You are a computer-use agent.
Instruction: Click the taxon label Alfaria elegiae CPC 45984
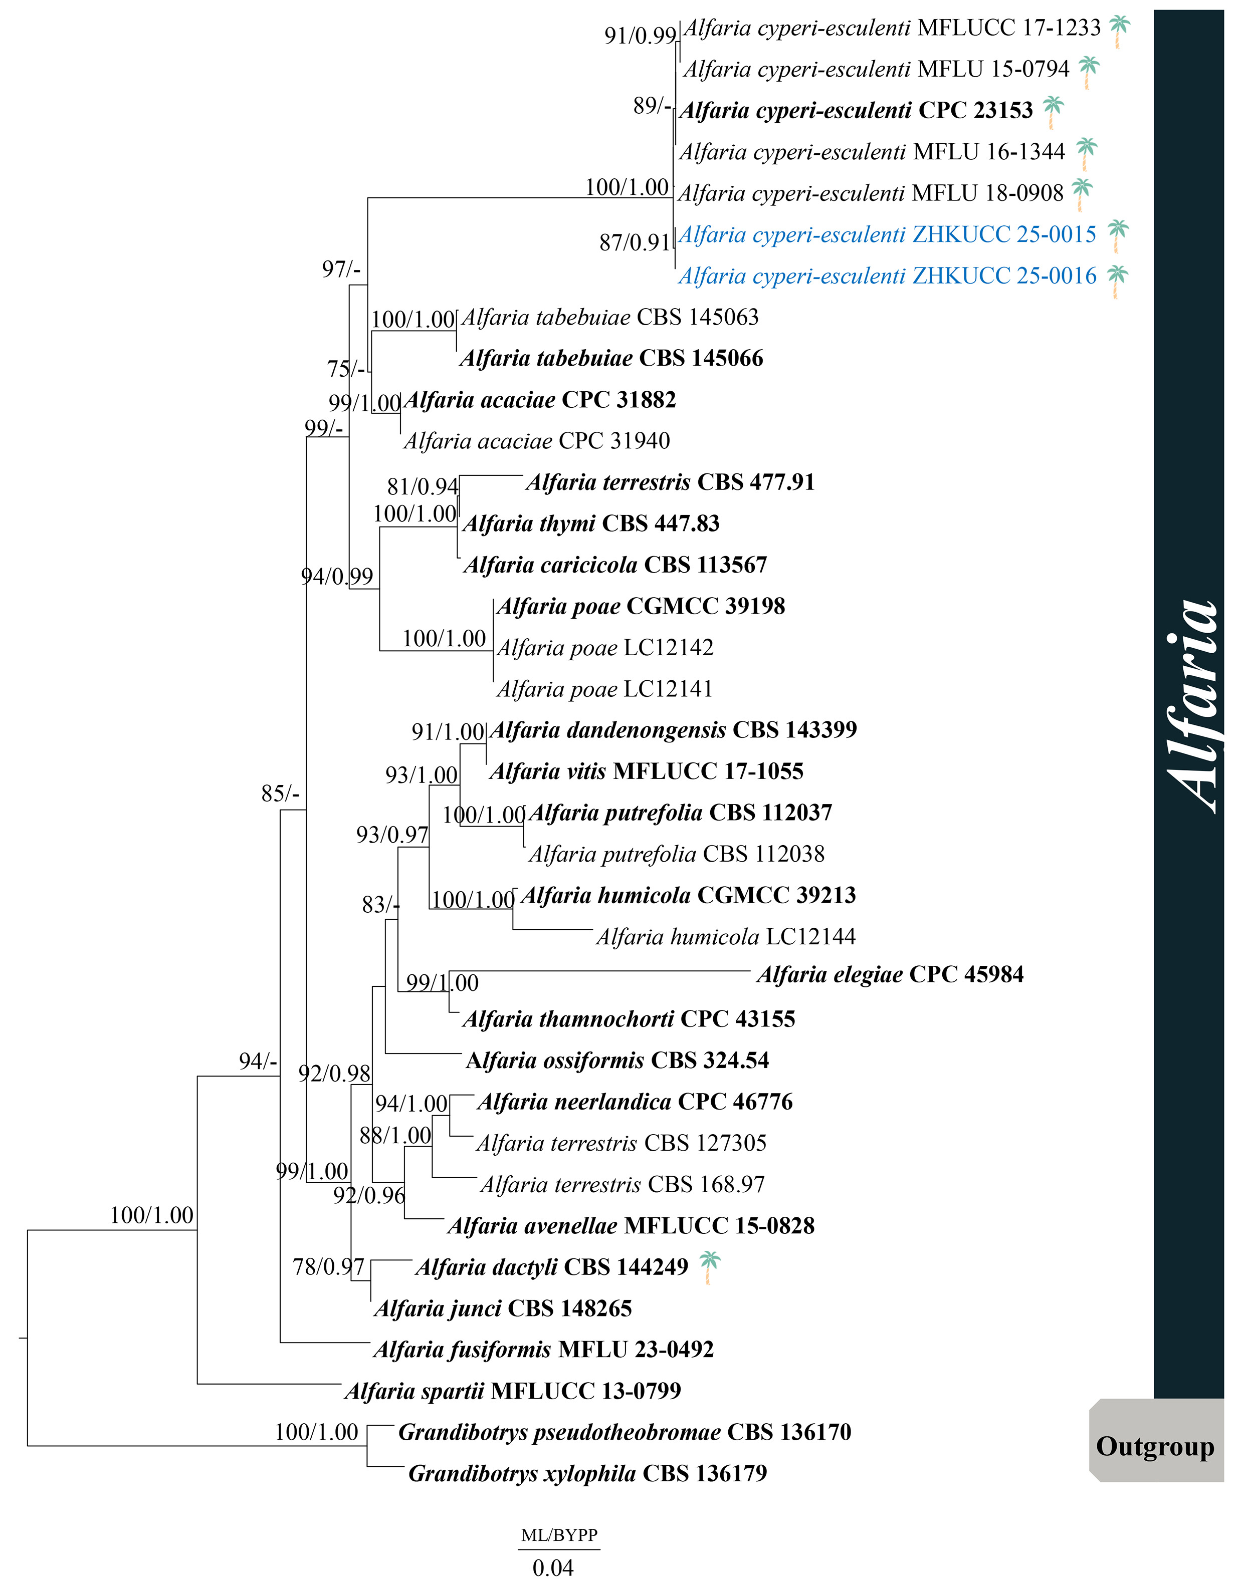coord(890,975)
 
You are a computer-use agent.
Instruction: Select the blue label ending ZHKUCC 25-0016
coord(887,277)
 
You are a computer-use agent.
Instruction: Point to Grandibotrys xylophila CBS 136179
coord(587,1474)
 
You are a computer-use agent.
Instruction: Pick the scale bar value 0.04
coord(553,1567)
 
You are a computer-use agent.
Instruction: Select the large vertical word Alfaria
coord(1190,706)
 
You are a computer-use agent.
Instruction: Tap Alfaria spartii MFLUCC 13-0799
coord(513,1392)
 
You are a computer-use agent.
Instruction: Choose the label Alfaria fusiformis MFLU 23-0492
coord(544,1350)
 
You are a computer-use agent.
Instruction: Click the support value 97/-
coord(341,270)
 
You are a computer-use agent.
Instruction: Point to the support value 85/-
coord(280,793)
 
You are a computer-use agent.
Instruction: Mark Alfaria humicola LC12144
coord(726,937)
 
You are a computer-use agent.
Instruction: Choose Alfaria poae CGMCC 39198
coord(641,607)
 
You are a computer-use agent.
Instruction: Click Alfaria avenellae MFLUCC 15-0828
coord(631,1226)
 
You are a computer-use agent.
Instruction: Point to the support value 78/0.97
coord(328,1267)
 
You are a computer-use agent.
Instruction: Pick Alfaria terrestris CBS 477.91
coord(670,482)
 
